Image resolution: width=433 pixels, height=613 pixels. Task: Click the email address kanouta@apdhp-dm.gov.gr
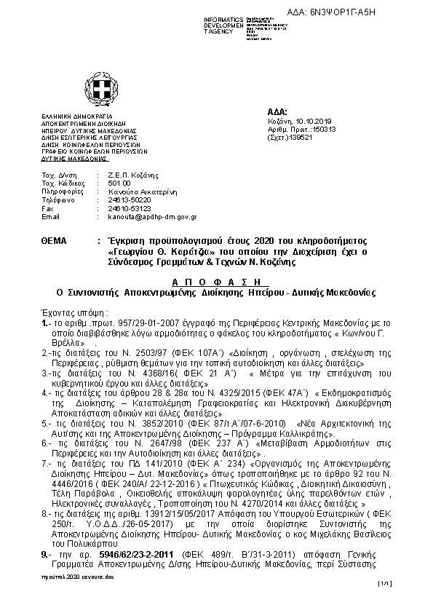[x=152, y=216]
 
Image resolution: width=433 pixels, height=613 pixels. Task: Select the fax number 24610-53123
[x=130, y=208]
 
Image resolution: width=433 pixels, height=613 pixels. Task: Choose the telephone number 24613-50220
[x=130, y=200]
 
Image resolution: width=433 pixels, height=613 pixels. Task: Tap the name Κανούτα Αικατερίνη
[x=141, y=192]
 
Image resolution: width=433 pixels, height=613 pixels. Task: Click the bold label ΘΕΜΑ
[x=56, y=240]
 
